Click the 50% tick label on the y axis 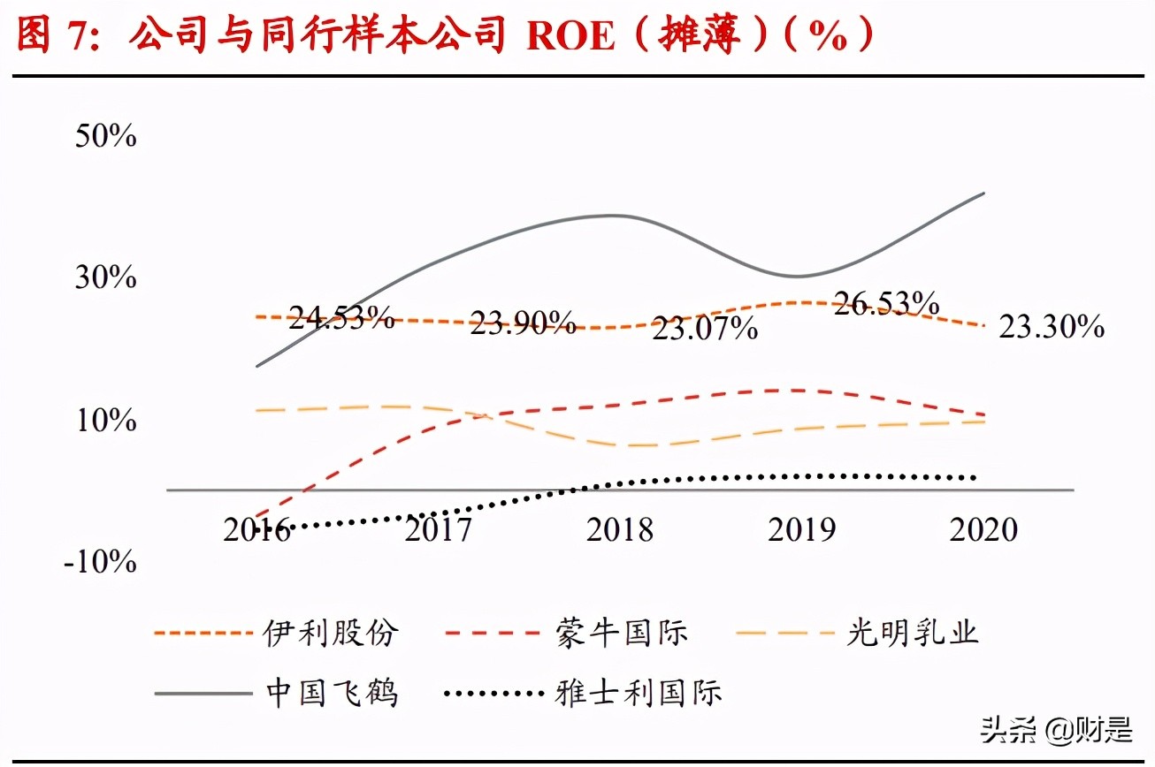coord(105,136)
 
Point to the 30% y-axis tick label coord(105,277)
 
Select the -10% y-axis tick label coord(100,561)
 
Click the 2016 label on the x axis coord(256,529)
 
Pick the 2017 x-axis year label coord(438,529)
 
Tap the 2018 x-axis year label coord(620,529)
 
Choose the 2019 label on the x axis coord(801,529)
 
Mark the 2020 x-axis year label coord(983,529)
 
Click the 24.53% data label coord(341,317)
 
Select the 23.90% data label coord(523,323)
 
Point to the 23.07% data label coord(705,330)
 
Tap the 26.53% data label coord(886,303)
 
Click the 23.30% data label coord(1052,327)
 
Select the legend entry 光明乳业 coord(912,633)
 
